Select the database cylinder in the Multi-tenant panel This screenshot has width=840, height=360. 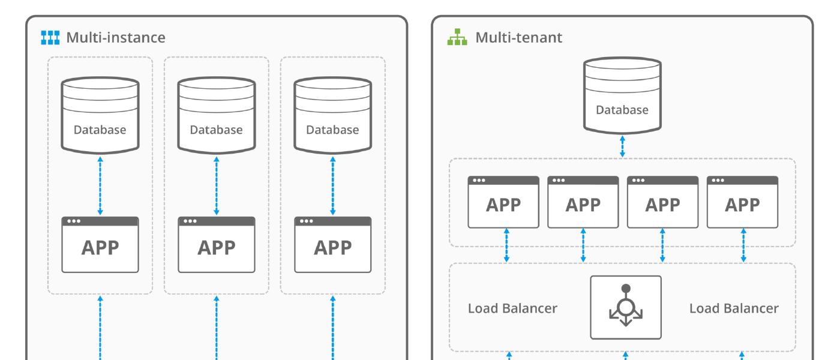point(622,96)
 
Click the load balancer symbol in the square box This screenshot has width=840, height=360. point(625,307)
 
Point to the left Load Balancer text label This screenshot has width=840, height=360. point(512,308)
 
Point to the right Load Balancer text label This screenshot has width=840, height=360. point(734,308)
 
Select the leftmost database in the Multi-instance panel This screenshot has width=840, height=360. point(100,115)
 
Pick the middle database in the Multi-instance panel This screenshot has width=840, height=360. point(217,115)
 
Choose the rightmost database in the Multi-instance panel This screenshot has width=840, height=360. point(332,115)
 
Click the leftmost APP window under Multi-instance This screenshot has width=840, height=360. point(100,244)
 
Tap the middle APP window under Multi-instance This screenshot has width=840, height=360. point(217,244)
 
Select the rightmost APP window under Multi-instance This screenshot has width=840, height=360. point(332,244)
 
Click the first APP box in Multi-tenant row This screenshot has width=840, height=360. point(503,202)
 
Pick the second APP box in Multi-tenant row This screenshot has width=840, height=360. point(583,202)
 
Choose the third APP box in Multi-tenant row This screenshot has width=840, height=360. point(662,202)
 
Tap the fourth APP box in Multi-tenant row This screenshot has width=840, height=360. point(743,202)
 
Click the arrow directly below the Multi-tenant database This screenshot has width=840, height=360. point(622,146)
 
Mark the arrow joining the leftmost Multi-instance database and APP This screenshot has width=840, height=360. point(100,185)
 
